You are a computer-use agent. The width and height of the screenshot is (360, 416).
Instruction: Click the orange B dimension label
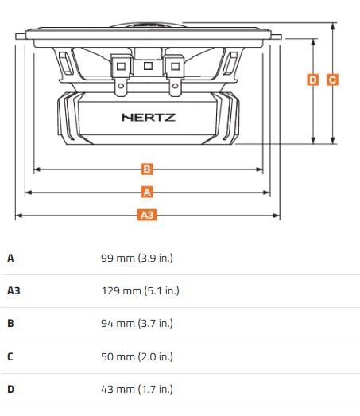click(x=147, y=169)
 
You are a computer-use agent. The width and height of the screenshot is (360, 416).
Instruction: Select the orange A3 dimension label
click(x=147, y=215)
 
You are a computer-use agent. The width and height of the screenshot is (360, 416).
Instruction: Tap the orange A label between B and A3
click(x=147, y=192)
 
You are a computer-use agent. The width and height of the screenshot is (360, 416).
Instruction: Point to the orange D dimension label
click(x=313, y=80)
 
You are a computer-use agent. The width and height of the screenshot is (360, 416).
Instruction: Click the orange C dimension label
click(x=332, y=80)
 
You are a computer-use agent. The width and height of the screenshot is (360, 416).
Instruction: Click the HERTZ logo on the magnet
click(x=149, y=117)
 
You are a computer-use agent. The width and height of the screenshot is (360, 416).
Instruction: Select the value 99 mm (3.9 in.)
click(x=137, y=258)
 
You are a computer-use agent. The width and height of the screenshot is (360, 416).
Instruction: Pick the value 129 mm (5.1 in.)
click(x=140, y=291)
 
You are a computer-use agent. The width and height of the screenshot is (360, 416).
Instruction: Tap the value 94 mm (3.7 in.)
click(x=137, y=324)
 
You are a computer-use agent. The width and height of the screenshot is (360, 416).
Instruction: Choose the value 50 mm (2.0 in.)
click(x=137, y=356)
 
